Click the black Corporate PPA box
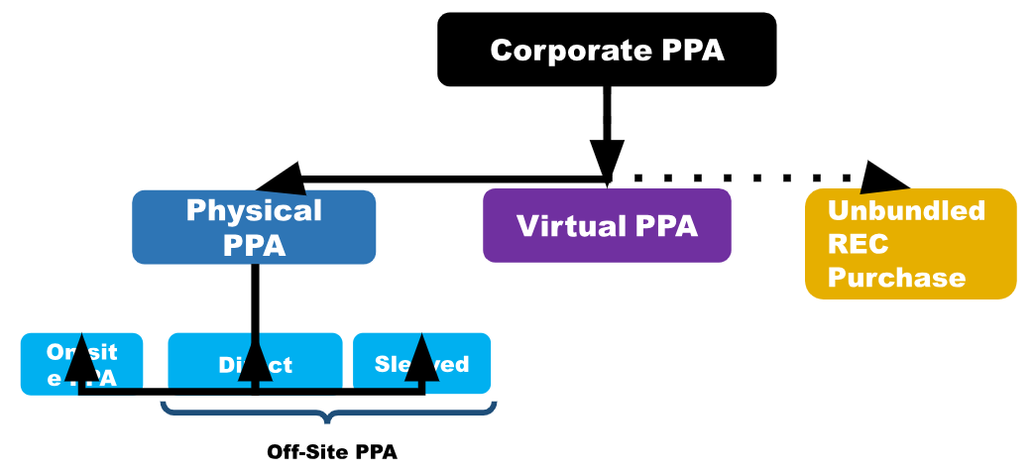607,50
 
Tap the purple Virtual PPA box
607,226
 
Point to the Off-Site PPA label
331,452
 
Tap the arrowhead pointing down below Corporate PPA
607,159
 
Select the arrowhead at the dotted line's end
884,178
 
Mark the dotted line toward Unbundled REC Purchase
744,178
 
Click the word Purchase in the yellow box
896,277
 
